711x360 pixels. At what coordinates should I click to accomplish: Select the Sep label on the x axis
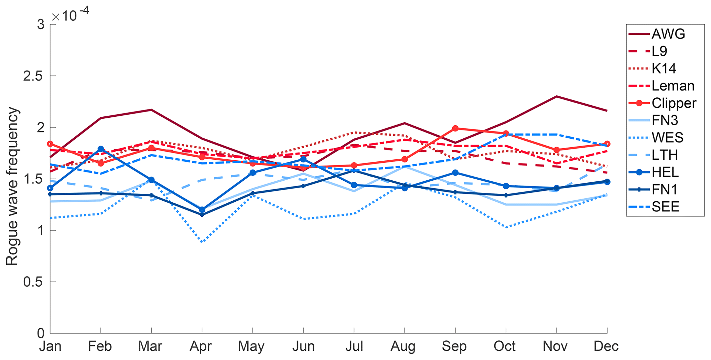click(454, 346)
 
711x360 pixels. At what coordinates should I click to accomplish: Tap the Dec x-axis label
click(606, 346)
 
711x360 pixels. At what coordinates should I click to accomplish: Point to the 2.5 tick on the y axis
click(34, 76)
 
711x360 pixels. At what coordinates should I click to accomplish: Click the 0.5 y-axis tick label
click(34, 282)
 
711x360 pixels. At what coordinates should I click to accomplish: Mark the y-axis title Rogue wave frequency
click(12, 186)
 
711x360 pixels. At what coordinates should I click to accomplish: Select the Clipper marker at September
click(455, 128)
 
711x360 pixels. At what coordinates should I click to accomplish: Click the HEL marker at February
click(101, 149)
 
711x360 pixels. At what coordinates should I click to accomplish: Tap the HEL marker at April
click(202, 210)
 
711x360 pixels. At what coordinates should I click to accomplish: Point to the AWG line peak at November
click(557, 96)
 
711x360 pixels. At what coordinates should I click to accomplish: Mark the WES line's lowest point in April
click(202, 242)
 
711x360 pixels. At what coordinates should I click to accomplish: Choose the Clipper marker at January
click(50, 144)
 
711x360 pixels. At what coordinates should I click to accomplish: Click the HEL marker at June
click(303, 159)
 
